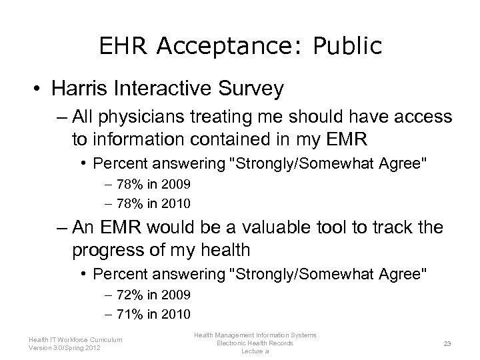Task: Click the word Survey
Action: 256,88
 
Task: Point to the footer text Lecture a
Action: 255,351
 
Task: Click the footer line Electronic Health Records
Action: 255,343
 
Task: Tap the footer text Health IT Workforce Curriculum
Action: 75,339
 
